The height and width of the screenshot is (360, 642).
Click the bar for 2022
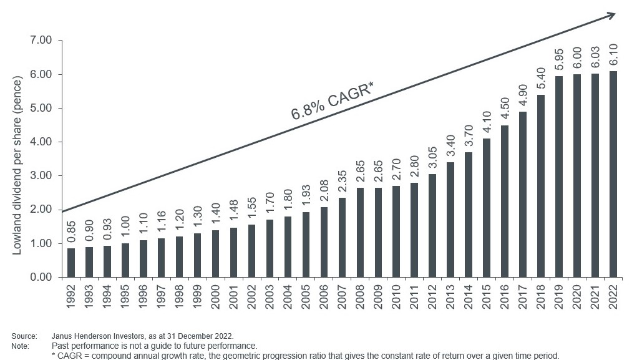point(613,174)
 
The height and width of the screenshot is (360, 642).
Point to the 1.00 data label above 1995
point(126,231)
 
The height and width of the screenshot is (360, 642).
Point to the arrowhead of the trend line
point(611,15)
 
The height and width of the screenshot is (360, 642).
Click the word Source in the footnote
point(23,336)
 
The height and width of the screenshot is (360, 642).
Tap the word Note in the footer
point(20,345)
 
